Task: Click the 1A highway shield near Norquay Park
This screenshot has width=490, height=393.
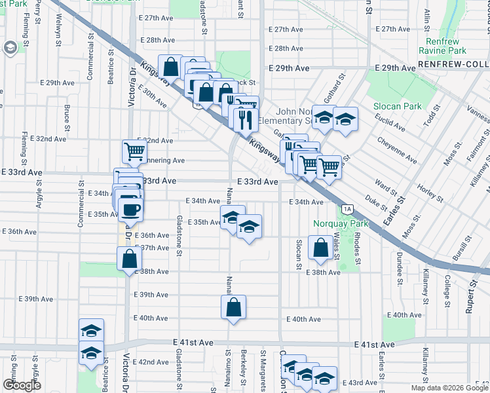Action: [x=347, y=209]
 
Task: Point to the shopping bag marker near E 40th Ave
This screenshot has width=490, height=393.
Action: [x=234, y=307]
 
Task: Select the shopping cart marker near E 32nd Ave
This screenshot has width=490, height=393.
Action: [x=134, y=151]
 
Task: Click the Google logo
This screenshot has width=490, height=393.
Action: [x=22, y=385]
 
